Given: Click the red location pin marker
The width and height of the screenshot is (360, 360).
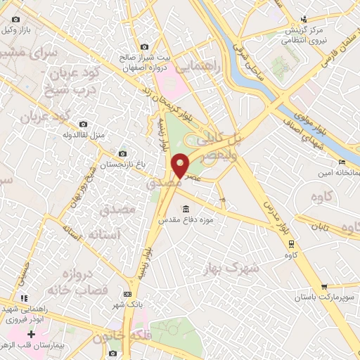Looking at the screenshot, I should (181, 165).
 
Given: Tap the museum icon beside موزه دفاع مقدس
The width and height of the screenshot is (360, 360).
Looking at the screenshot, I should (185, 209).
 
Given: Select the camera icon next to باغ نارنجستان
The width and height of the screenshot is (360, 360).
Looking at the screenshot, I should (123, 153).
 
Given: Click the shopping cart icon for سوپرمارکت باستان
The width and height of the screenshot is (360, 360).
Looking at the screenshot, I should (324, 286).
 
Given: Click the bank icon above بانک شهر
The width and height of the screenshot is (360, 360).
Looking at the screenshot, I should (127, 294).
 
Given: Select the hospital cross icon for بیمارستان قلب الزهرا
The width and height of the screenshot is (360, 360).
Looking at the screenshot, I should (30, 333).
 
